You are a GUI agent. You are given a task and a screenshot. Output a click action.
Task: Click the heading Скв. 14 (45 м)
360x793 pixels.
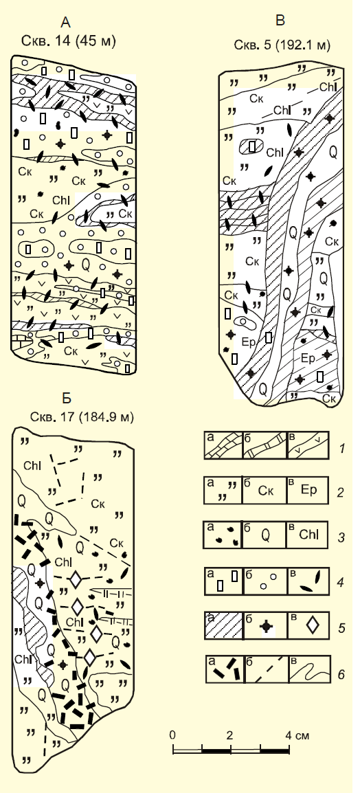(x=69, y=41)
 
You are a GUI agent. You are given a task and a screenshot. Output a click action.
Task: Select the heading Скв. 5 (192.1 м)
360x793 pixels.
(x=282, y=45)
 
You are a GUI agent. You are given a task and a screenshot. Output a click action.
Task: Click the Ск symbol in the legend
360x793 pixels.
(x=266, y=491)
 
